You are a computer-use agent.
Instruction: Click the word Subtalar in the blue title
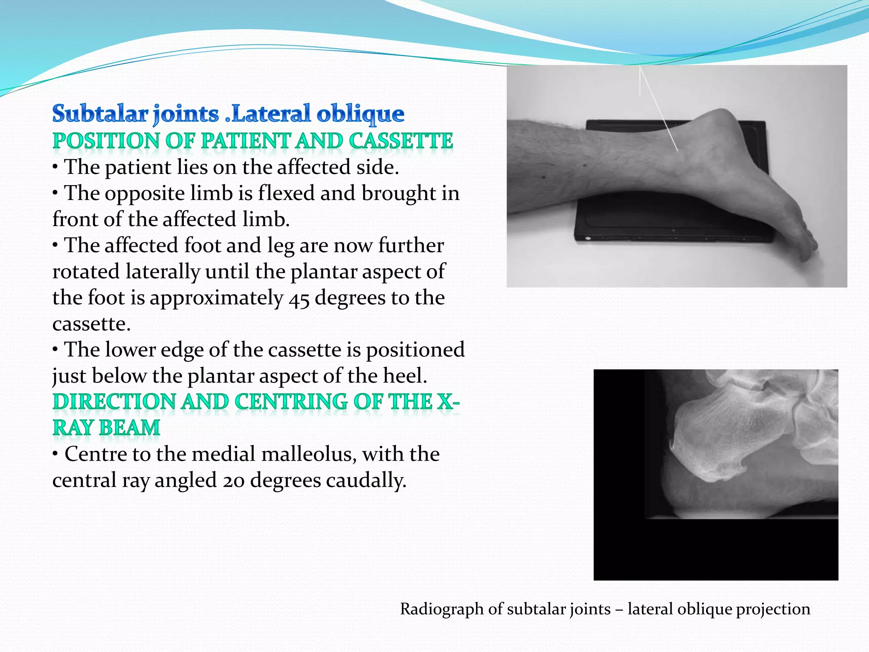100,114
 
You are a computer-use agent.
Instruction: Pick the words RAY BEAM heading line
106,428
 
